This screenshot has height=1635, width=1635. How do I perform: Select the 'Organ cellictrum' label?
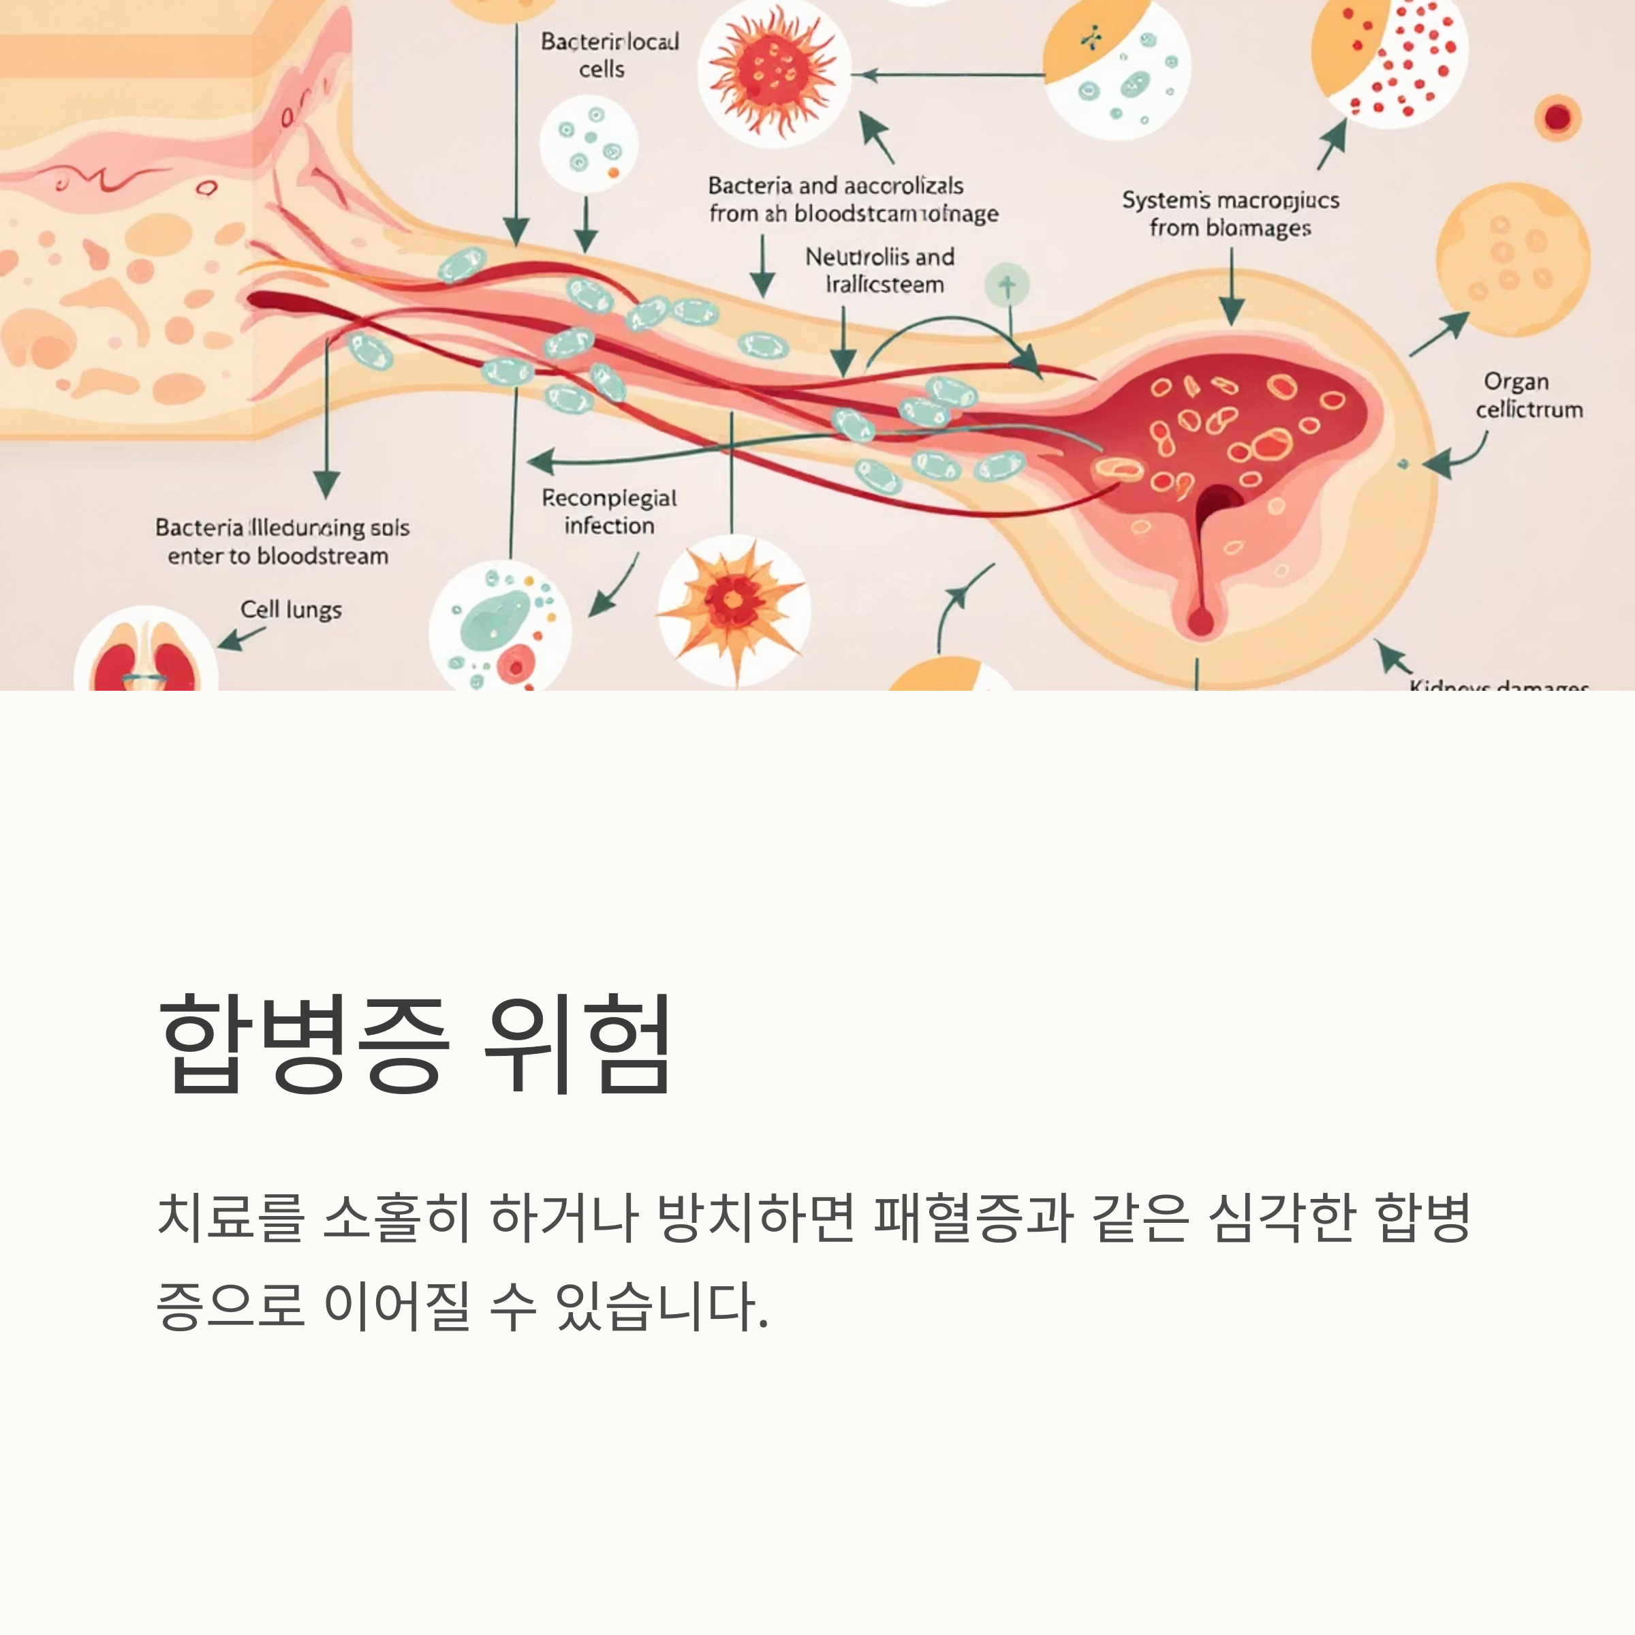click(1528, 395)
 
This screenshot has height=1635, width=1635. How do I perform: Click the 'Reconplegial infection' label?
click(608, 512)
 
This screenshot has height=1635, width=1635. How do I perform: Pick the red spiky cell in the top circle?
click(773, 74)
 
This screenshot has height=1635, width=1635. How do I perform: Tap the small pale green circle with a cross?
click(1006, 286)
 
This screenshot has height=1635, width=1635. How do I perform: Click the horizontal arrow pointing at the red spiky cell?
click(948, 76)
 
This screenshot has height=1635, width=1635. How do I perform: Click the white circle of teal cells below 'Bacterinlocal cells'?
click(588, 144)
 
